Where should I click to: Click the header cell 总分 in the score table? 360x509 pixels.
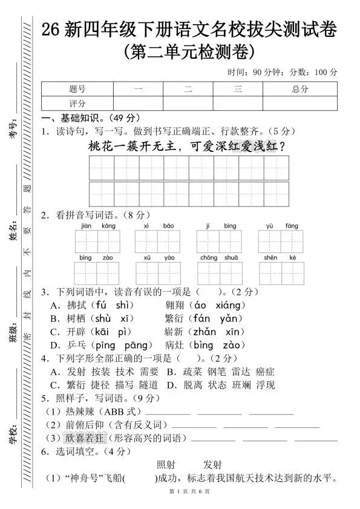pyautogui.click(x=299, y=89)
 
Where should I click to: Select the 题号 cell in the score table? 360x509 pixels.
pyautogui.click(x=77, y=89)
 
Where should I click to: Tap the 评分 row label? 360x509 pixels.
pyautogui.click(x=77, y=103)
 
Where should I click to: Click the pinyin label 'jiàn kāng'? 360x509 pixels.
pyautogui.click(x=97, y=226)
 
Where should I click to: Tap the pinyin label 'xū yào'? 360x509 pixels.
pyautogui.click(x=159, y=258)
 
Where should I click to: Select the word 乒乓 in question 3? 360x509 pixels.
pyautogui.click(x=78, y=345)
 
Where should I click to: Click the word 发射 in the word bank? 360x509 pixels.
pyautogui.click(x=213, y=464)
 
